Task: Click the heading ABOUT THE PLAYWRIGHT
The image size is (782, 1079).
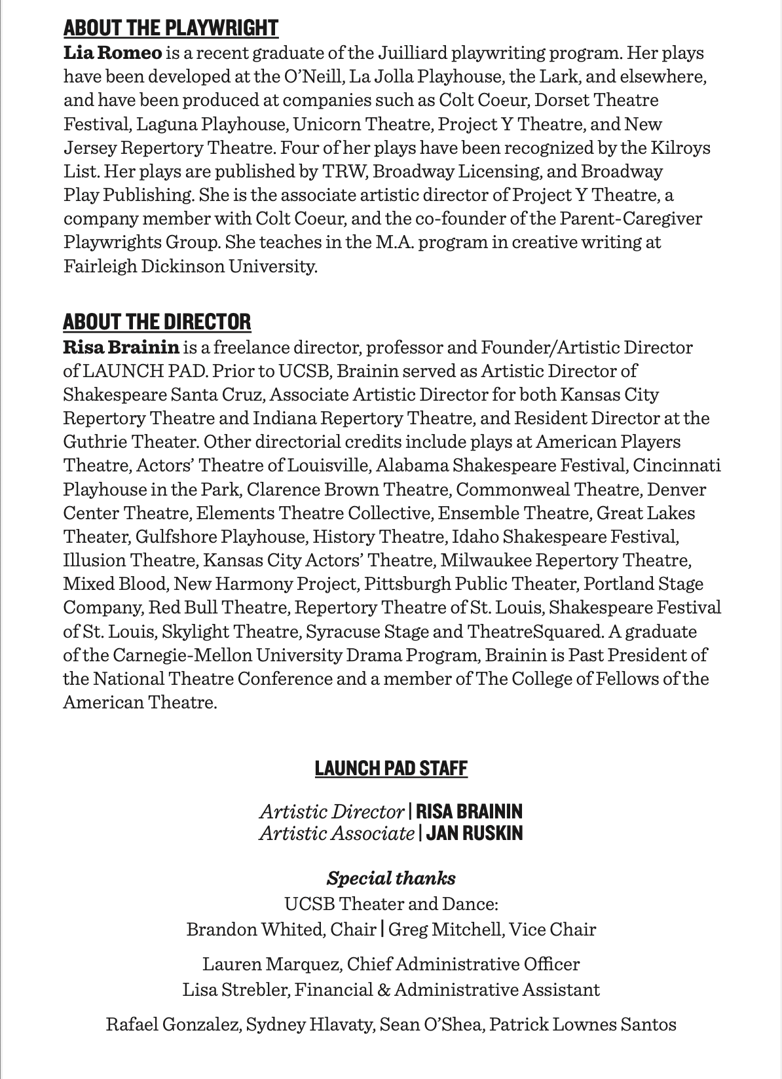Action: click(x=170, y=28)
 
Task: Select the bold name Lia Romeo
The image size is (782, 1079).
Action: click(x=112, y=53)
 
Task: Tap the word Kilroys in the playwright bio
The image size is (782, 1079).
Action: click(x=680, y=147)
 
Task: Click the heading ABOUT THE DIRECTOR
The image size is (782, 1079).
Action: click(x=157, y=322)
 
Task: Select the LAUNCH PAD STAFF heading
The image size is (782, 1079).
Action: click(x=391, y=768)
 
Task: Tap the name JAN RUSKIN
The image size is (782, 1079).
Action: click(x=474, y=833)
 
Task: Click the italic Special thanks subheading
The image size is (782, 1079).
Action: click(x=391, y=878)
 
